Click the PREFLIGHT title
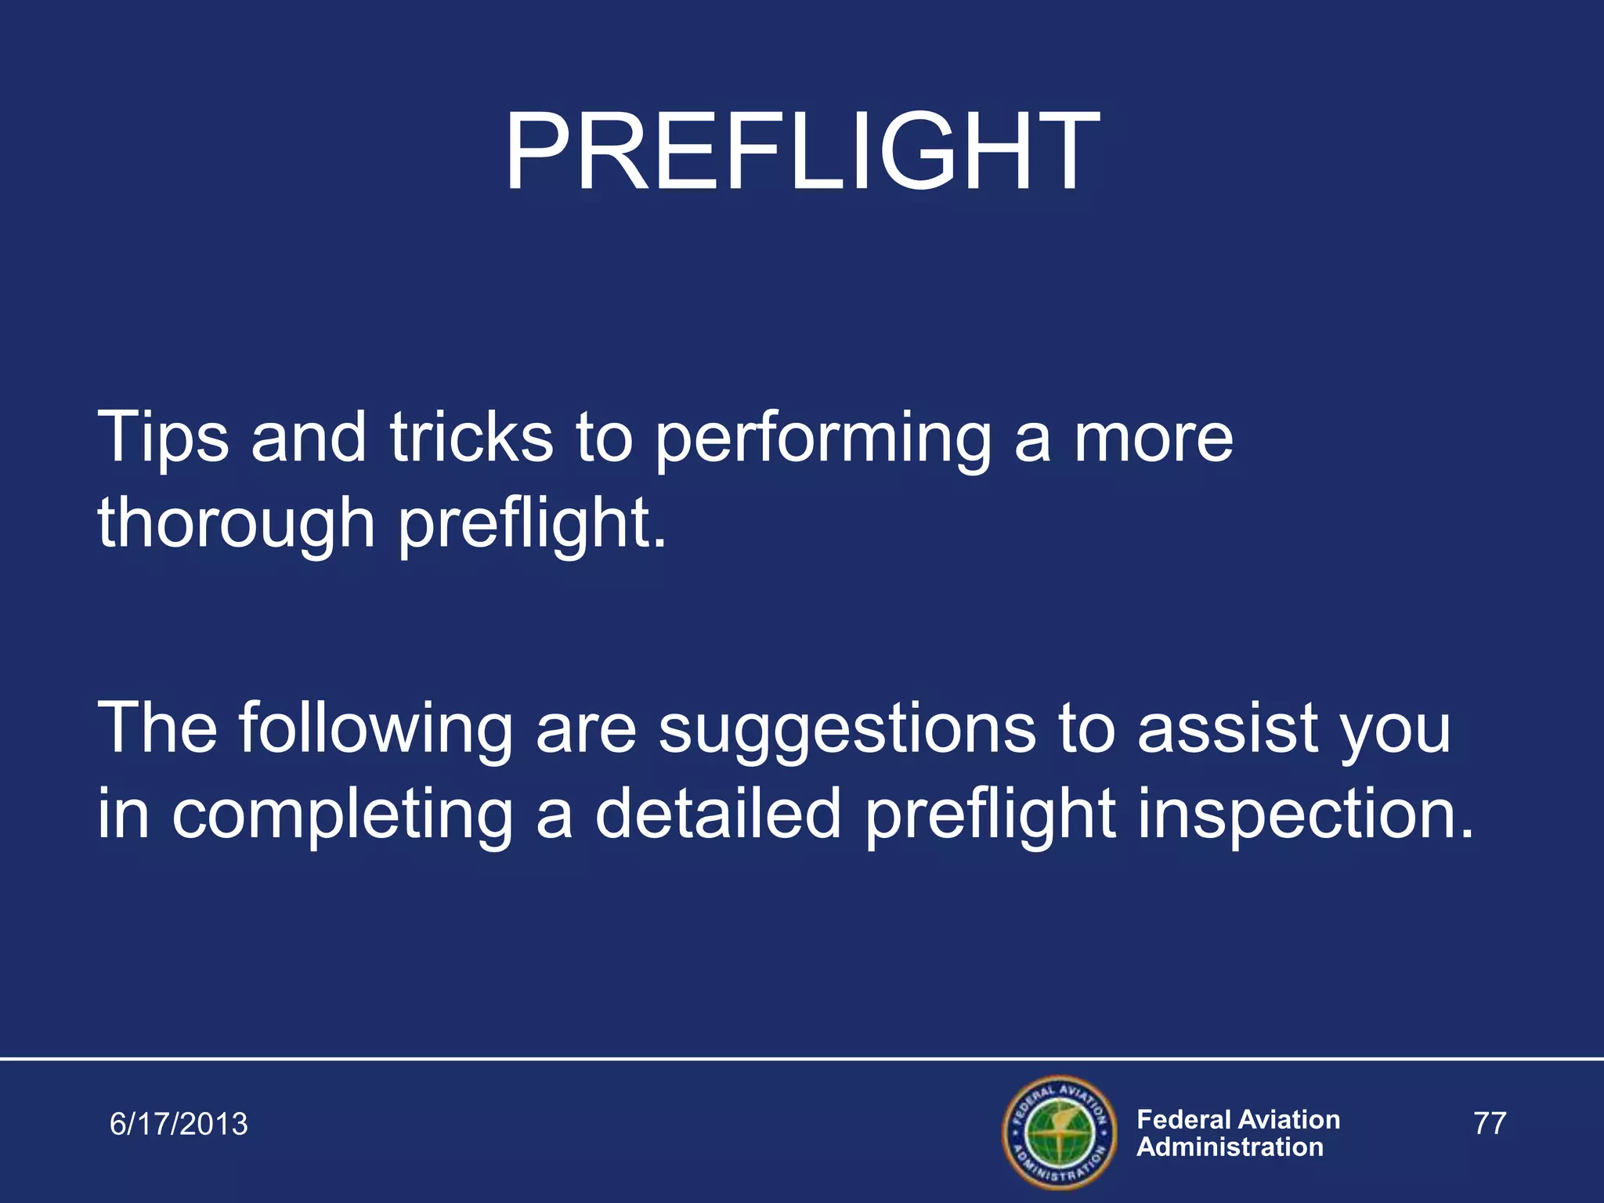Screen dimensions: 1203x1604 [801, 151]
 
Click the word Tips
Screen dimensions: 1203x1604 [163, 439]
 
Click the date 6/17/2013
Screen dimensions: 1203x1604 [179, 1124]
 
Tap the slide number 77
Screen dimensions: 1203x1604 [1490, 1123]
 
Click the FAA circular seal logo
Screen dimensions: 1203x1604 [1059, 1133]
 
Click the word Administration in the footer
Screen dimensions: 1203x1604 [1230, 1147]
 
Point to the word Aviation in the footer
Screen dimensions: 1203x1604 [1291, 1119]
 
